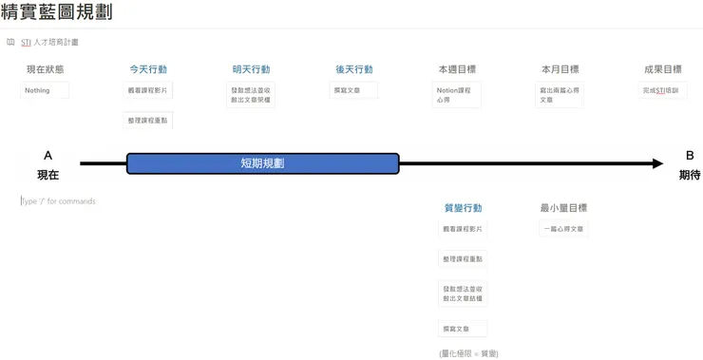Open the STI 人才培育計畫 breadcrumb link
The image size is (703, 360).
point(50,43)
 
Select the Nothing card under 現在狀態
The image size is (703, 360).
point(44,90)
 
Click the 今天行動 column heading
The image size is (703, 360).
point(148,69)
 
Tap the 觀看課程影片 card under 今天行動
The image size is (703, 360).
point(148,90)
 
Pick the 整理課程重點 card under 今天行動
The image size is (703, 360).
point(148,121)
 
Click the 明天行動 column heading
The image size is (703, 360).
point(251,69)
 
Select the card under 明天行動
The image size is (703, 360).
point(251,95)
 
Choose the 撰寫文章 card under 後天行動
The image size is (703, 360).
point(353,90)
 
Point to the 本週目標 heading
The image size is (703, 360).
point(456,69)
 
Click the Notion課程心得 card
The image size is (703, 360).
point(456,95)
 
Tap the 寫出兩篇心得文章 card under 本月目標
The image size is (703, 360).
point(559,95)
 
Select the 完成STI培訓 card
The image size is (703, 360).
point(662,90)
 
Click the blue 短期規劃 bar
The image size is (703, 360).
point(262,163)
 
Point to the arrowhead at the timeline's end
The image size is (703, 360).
point(657,163)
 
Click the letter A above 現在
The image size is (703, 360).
point(47,155)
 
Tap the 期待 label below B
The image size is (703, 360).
point(689,175)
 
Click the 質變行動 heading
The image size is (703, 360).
point(463,208)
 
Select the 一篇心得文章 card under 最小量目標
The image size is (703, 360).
point(562,229)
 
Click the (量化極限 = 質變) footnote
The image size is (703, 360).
point(468,353)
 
